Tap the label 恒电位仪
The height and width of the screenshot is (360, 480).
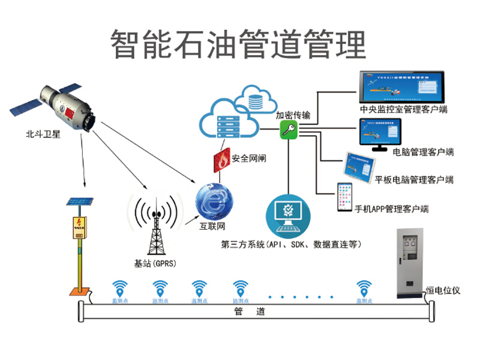[x=443, y=290]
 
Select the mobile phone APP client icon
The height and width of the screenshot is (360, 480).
[x=344, y=197]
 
